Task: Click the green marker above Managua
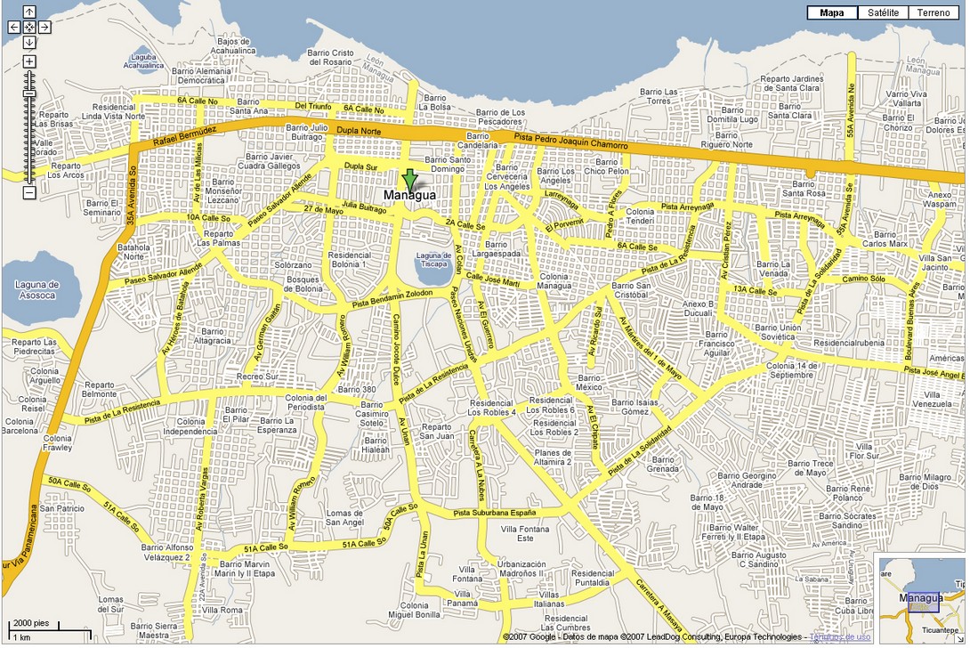pyautogui.click(x=408, y=178)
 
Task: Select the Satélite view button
pyautogui.click(x=884, y=12)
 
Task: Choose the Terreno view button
pyautogui.click(x=934, y=12)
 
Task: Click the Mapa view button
pyautogui.click(x=832, y=12)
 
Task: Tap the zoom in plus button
pyautogui.click(x=29, y=61)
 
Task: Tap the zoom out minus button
pyautogui.click(x=29, y=192)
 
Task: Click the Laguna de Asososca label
pyautogui.click(x=36, y=289)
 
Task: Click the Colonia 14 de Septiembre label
pyautogui.click(x=789, y=370)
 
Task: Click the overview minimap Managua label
pyautogui.click(x=921, y=598)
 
